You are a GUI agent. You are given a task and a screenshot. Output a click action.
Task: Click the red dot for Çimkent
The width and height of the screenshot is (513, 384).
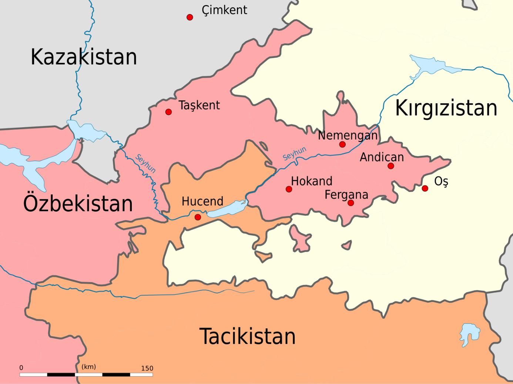[190, 17]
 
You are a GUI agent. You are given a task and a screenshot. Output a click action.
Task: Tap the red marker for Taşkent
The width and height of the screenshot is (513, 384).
[168, 112]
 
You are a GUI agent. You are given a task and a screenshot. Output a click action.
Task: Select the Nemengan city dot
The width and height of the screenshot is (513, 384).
[342, 144]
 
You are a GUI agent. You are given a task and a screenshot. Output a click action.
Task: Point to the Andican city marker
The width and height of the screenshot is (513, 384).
[391, 166]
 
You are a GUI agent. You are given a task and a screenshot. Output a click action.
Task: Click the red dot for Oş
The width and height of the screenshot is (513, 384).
[425, 188]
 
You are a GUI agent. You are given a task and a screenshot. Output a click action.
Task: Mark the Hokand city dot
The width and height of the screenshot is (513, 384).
[289, 189]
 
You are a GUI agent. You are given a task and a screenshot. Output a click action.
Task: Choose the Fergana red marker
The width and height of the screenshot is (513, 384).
[351, 203]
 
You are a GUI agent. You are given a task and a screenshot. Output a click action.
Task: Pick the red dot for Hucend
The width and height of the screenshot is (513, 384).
[198, 217]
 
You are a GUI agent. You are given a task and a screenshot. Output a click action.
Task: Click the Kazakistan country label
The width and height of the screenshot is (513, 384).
[84, 57]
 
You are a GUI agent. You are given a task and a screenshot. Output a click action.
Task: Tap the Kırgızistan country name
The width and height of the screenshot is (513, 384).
[446, 108]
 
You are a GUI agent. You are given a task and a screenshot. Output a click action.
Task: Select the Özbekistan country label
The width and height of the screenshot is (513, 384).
[78, 204]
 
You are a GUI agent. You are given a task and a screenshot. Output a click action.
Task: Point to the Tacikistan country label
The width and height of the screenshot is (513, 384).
[247, 336]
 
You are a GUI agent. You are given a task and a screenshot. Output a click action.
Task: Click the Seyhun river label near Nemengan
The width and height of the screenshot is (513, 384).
[295, 153]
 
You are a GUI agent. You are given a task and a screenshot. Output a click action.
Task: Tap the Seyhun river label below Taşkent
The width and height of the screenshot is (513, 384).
[145, 163]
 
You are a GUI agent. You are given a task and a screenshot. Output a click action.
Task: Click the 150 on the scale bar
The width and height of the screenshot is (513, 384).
[147, 368]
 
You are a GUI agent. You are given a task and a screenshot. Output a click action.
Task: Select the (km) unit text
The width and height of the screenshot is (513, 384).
[89, 367]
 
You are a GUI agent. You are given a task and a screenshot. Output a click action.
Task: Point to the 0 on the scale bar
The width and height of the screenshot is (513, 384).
[21, 368]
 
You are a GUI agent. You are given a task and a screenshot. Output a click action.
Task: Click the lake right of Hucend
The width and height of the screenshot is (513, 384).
[227, 209]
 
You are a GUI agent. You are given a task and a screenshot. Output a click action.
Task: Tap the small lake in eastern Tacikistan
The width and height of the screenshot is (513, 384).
[470, 334]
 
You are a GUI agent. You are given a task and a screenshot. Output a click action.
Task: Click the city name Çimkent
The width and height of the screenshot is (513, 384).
[224, 10]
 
